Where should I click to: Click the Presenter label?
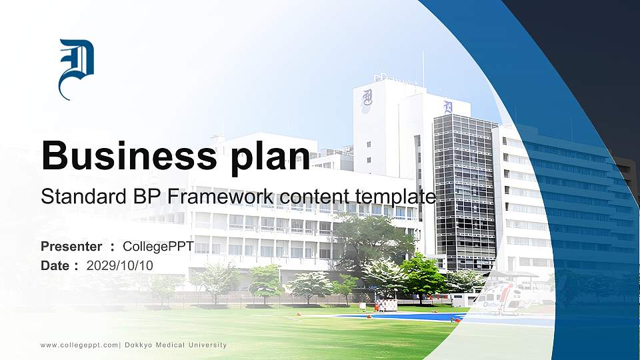pyautogui.click(x=71, y=247)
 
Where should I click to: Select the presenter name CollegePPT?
pyautogui.click(x=158, y=247)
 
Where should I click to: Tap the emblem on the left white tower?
pyautogui.click(x=367, y=100)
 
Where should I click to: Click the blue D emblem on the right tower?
pyautogui.click(x=448, y=107)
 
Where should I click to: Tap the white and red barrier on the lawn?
pyautogui.click(x=386, y=305)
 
